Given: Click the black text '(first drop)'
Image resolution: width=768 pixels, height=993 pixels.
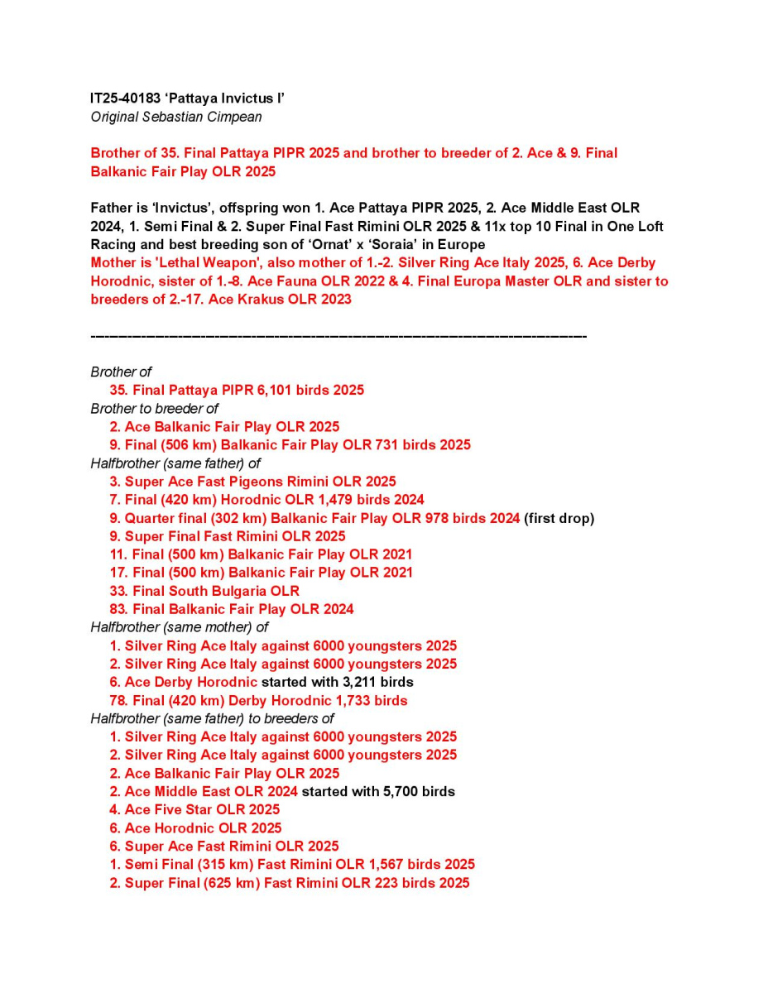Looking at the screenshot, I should click(559, 519).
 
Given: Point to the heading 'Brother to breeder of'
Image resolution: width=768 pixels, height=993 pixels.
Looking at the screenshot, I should click(154, 408).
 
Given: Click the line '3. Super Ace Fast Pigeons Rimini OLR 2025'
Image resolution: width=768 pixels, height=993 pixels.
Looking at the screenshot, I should click(252, 482).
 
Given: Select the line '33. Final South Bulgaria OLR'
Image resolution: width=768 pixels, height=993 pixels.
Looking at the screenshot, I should click(204, 591).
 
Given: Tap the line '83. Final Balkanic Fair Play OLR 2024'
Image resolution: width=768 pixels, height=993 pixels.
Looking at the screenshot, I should click(232, 609).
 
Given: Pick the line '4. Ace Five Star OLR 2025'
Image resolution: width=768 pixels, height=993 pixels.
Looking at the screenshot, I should click(194, 809).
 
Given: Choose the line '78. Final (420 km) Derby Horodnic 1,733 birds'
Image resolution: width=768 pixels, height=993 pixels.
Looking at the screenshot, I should click(258, 700).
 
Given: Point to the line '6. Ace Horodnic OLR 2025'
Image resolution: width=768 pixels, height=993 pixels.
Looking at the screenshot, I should click(195, 827).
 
